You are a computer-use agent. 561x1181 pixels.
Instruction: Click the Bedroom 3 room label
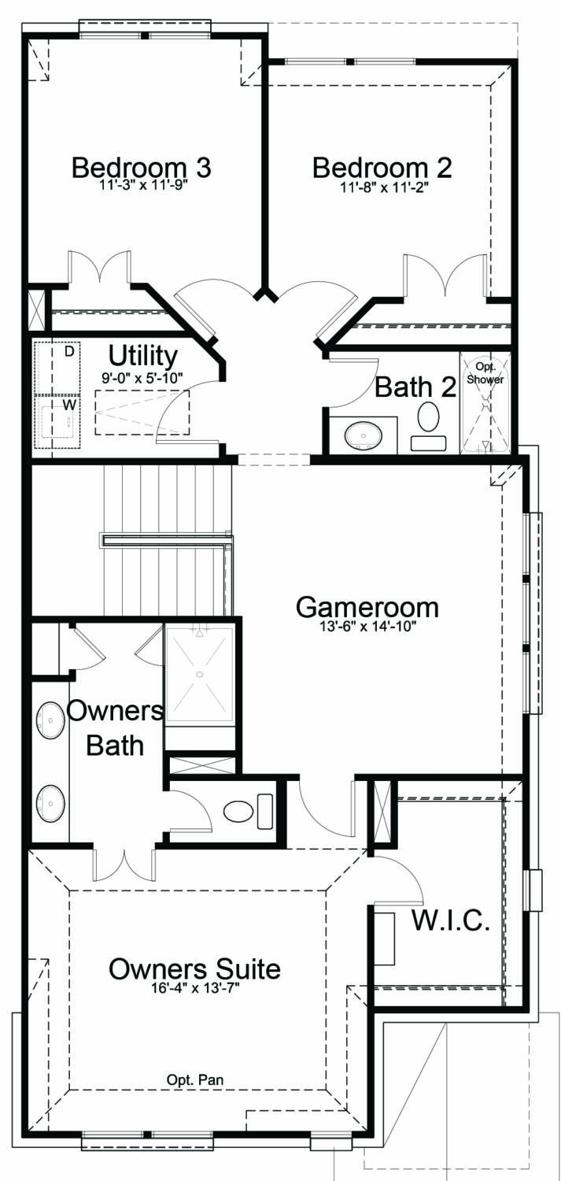point(142,167)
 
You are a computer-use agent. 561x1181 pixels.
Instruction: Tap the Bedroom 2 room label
point(382,167)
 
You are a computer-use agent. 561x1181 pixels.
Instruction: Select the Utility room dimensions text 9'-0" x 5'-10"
point(142,378)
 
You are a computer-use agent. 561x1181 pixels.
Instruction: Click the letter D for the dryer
point(69,352)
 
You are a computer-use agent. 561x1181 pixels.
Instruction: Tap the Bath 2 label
point(415,387)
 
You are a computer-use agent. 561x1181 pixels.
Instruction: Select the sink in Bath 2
point(363,435)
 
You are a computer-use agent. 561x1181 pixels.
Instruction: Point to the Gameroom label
point(367,607)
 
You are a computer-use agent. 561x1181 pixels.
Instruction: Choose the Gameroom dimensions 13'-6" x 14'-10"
point(367,627)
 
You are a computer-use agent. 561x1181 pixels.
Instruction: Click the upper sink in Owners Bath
point(50,720)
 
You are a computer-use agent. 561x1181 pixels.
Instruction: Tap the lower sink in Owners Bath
point(50,803)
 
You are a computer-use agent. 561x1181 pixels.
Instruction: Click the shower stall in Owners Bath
point(199,674)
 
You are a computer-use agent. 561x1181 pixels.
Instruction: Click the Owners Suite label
point(194,968)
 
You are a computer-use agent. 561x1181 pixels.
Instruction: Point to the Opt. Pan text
point(195,1080)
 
